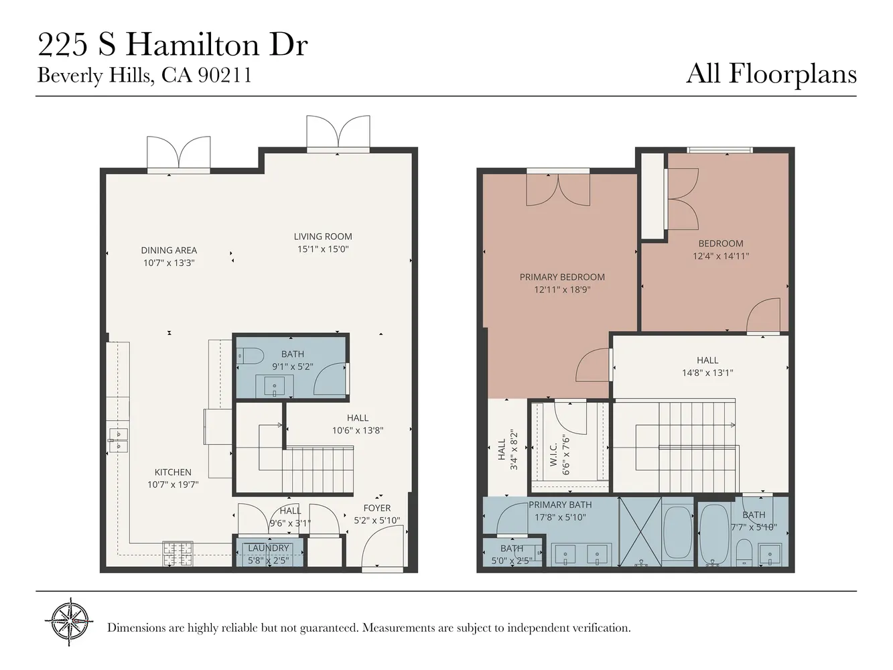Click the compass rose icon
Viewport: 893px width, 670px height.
click(70, 622)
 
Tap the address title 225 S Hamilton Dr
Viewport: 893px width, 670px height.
click(172, 45)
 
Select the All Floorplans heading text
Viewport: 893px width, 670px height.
click(771, 74)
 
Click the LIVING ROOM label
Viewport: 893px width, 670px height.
click(323, 237)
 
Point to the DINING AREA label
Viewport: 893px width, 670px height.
click(169, 251)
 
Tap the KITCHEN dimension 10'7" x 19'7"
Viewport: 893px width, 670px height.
click(173, 484)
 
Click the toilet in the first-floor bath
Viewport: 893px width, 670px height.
click(251, 354)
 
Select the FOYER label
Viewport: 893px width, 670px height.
click(377, 508)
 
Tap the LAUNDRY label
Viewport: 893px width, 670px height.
click(269, 548)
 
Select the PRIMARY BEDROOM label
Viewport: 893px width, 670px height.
click(562, 277)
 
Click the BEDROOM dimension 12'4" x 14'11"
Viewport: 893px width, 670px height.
click(721, 256)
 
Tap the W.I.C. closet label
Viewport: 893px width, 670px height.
click(553, 455)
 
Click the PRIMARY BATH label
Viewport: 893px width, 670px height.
click(560, 505)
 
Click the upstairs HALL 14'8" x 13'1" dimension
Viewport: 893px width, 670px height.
click(707, 373)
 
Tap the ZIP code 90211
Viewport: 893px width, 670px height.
click(225, 75)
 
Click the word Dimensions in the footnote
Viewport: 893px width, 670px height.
click(136, 628)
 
